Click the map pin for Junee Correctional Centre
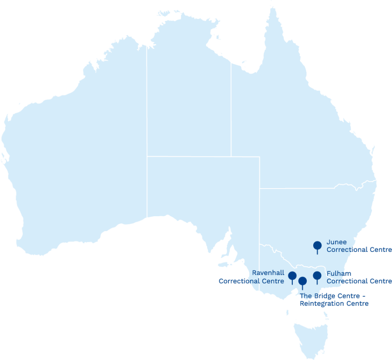[x=317, y=245]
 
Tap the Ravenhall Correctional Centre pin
[x=292, y=276]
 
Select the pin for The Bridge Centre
[x=302, y=281]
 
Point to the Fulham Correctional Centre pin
[x=317, y=276]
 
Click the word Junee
[x=336, y=242]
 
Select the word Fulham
[x=339, y=274]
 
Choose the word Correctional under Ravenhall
[x=239, y=281]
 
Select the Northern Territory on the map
[x=188, y=100]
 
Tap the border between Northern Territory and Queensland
[x=231, y=112]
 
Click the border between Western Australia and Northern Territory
[x=146, y=120]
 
